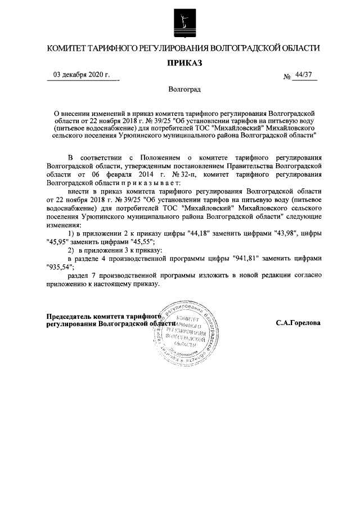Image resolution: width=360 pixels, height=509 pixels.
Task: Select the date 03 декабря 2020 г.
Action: tap(82, 75)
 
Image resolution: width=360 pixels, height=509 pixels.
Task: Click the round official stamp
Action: tap(184, 331)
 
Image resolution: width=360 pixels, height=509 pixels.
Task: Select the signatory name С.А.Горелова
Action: tap(298, 323)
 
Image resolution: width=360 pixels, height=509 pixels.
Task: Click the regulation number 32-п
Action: tap(170, 174)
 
